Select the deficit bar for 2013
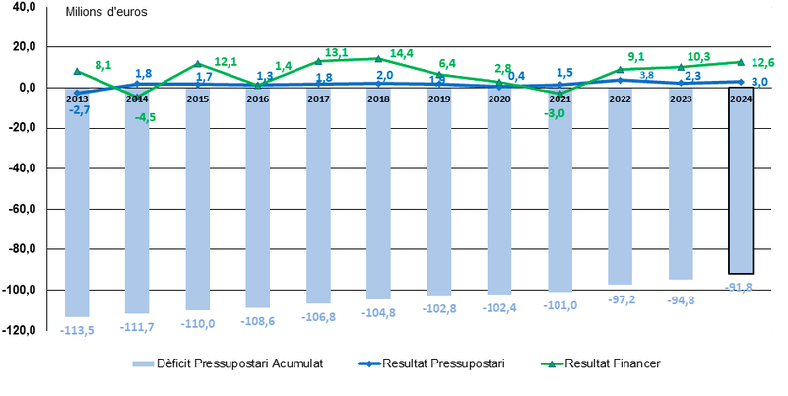[77, 207]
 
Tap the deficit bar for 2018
[379, 197]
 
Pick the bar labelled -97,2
[620, 192]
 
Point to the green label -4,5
[145, 117]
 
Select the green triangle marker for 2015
[198, 64]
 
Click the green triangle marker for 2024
[741, 62]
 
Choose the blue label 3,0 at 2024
[760, 82]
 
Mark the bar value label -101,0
[559, 304]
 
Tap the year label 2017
[318, 99]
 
